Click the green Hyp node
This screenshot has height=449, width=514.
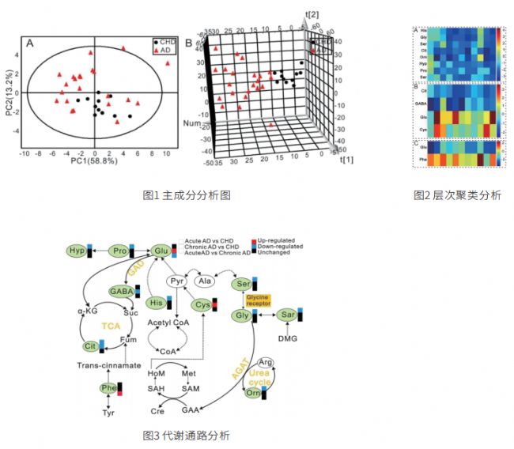77,251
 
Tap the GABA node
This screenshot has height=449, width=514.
122,292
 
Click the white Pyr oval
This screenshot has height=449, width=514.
178,281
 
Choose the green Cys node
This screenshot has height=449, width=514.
203,305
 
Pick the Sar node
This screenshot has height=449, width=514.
289,315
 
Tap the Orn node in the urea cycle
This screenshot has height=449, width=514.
254,391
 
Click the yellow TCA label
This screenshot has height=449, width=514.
111,326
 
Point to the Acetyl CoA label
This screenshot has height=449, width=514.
168,323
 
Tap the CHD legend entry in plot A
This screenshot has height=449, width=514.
164,40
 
